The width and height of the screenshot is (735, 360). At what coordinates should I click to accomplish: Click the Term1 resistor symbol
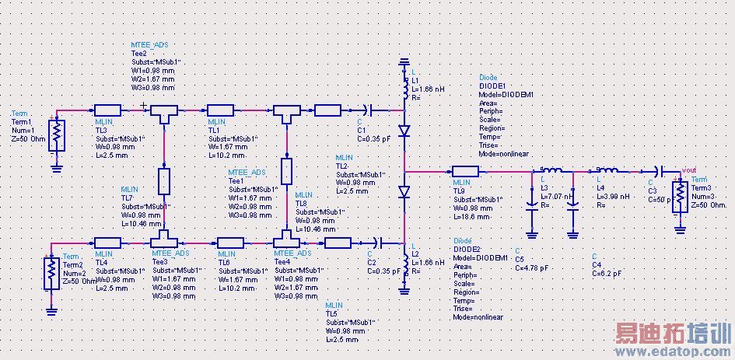point(56,135)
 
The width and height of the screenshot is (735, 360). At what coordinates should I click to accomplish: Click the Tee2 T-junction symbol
point(164,115)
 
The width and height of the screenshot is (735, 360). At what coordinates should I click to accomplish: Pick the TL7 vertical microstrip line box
point(164,180)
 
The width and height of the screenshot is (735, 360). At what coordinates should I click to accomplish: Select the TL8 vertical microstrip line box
point(287,170)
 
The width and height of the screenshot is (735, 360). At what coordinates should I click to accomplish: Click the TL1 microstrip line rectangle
point(221,110)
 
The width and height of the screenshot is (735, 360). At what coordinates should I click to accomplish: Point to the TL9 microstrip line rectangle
point(465,171)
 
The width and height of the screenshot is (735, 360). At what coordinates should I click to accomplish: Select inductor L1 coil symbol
point(404,92)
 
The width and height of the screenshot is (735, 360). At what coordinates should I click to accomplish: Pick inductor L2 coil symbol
point(404,262)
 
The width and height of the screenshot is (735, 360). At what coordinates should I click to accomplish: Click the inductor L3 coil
point(552,171)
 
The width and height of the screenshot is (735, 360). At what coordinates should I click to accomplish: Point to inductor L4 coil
point(607,171)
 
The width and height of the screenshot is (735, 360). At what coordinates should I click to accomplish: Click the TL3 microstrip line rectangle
point(107,110)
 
